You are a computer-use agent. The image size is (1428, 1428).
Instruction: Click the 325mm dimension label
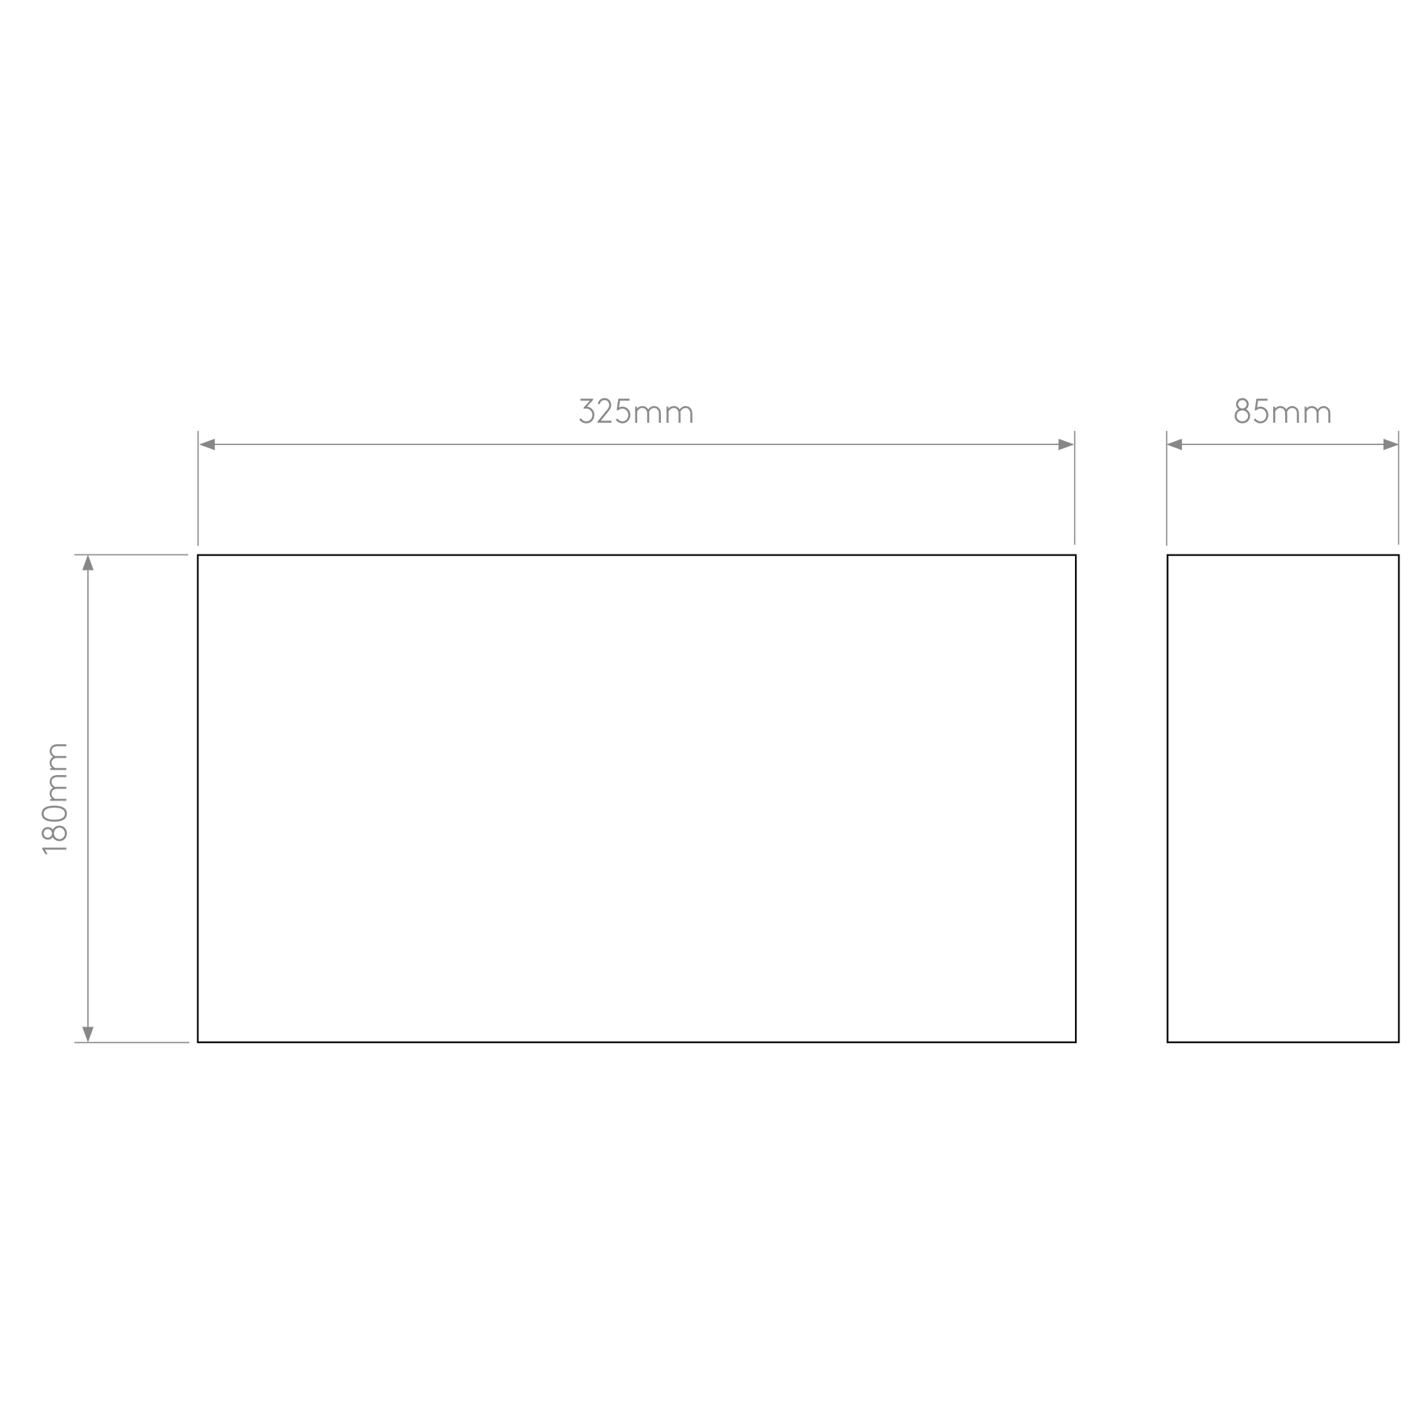(636, 412)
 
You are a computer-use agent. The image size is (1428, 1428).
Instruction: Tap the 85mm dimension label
(1282, 412)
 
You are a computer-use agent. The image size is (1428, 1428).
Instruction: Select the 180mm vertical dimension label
(56, 798)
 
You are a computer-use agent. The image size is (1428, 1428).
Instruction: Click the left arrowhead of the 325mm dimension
(207, 444)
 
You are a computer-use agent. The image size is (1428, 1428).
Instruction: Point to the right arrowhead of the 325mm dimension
(1065, 444)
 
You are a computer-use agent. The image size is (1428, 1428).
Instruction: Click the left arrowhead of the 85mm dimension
(1175, 444)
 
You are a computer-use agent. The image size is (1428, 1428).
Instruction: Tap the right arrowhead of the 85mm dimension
(1390, 444)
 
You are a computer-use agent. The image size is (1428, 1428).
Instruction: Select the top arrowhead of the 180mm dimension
(88, 563)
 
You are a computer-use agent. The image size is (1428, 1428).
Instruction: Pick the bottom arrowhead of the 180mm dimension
(88, 1034)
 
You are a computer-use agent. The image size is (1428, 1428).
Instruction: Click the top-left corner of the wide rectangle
(198, 555)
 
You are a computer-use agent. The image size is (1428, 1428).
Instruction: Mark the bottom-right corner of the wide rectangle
(1076, 1042)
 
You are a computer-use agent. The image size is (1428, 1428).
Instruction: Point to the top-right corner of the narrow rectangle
(1399, 555)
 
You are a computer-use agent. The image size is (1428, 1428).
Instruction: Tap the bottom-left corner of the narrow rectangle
(1168, 1042)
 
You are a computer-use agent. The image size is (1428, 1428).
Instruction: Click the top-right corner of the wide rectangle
(1076, 555)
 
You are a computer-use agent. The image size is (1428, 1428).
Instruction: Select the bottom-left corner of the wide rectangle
(198, 1042)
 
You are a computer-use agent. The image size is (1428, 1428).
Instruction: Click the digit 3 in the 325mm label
(587, 412)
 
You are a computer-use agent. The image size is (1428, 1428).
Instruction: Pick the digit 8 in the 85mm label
(1242, 412)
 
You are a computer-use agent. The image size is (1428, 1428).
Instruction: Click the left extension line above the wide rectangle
(198, 488)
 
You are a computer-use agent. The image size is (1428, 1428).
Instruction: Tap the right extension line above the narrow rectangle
(1398, 488)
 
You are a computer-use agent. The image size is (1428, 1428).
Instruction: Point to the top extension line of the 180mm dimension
(131, 555)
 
